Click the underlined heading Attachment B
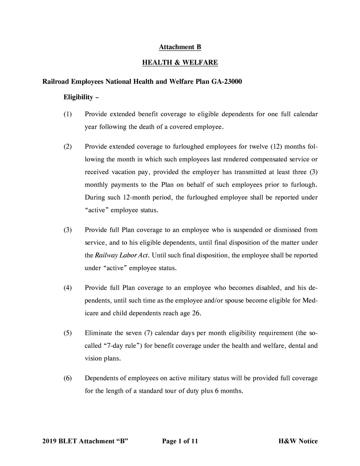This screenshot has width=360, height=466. click(180, 47)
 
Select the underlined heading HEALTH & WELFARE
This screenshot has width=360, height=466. click(180, 62)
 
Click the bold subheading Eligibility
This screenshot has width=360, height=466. click(78, 97)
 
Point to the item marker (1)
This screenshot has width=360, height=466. click(67, 114)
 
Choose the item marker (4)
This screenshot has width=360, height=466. click(67, 288)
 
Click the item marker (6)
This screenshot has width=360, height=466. click(67, 378)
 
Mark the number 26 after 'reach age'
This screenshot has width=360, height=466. click(196, 313)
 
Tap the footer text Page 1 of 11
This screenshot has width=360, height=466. click(180, 441)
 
